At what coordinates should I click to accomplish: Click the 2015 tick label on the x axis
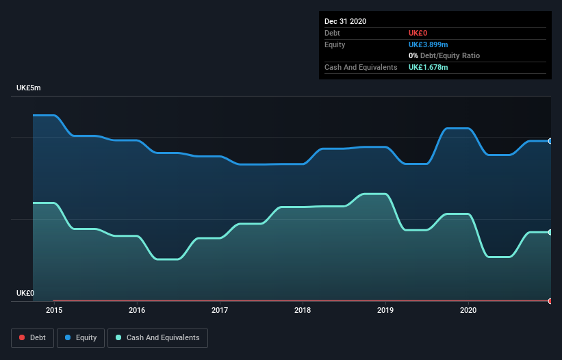[x=54, y=310]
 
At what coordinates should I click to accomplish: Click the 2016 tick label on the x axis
[x=137, y=310]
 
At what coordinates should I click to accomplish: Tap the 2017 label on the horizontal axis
[x=220, y=310]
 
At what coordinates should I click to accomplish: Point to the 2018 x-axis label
[x=303, y=310]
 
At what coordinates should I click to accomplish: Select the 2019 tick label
[x=385, y=310]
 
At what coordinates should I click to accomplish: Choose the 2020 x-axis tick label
[x=468, y=310]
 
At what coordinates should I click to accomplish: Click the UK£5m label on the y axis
[x=29, y=88]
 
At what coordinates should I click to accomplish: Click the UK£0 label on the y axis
[x=25, y=293]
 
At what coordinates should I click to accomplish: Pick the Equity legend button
[x=81, y=337]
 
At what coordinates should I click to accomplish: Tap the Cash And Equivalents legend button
[x=157, y=337]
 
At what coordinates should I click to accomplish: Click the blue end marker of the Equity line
[x=550, y=141]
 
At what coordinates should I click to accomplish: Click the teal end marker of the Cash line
[x=550, y=232]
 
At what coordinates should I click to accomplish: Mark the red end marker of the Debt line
[x=550, y=301]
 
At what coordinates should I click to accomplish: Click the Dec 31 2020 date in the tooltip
[x=345, y=21]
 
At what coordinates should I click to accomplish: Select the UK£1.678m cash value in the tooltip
[x=429, y=67]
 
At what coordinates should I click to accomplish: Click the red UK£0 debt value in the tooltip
[x=419, y=33]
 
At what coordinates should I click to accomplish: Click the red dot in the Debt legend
[x=23, y=337]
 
